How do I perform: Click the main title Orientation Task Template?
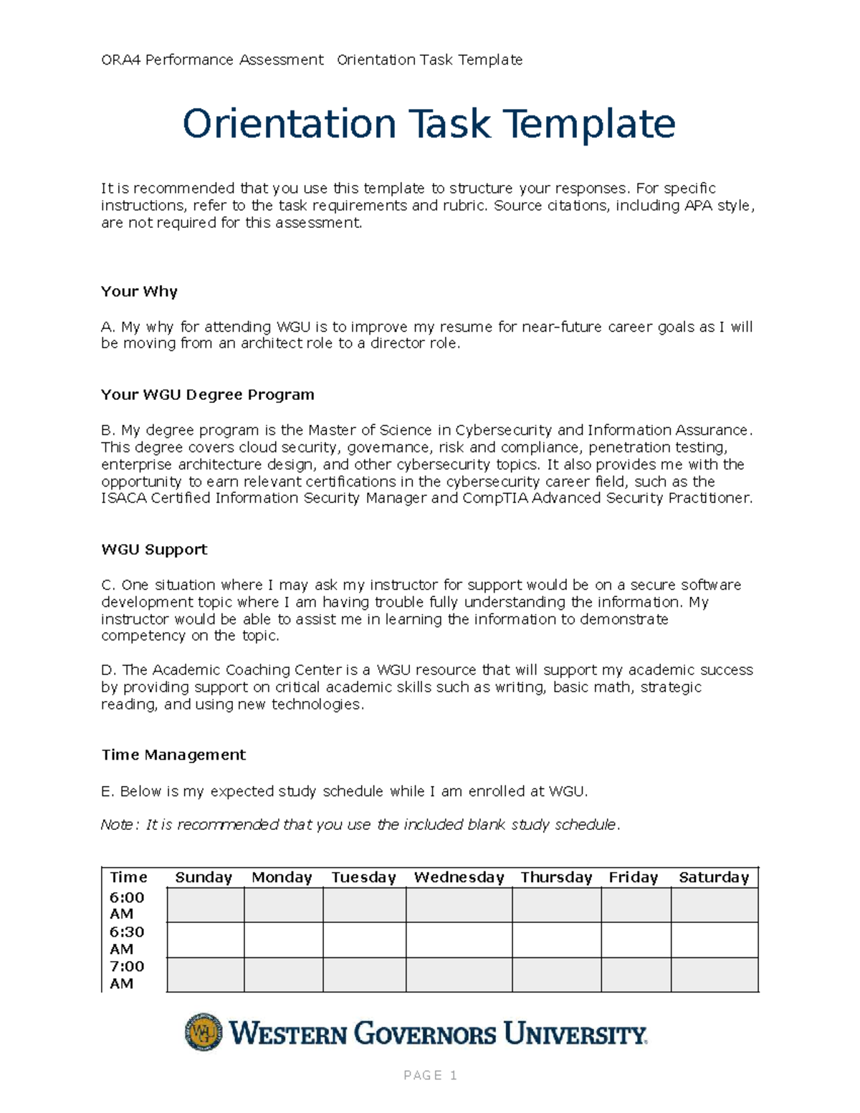click(429, 124)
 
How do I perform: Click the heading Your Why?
click(139, 292)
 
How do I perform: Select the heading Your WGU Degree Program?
click(207, 395)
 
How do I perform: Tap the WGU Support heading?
click(154, 550)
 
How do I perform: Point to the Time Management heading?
click(173, 755)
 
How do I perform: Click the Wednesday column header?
click(459, 877)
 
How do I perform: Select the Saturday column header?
click(713, 877)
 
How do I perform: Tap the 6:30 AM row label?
click(127, 940)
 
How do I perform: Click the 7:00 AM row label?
click(127, 974)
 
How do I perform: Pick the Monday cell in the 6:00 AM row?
click(283, 904)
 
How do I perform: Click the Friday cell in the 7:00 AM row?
click(636, 974)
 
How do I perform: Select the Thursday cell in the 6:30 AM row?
click(556, 940)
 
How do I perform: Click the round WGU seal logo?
click(204, 1032)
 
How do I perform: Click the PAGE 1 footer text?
click(430, 1075)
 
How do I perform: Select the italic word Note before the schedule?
click(116, 825)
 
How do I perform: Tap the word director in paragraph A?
click(398, 343)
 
